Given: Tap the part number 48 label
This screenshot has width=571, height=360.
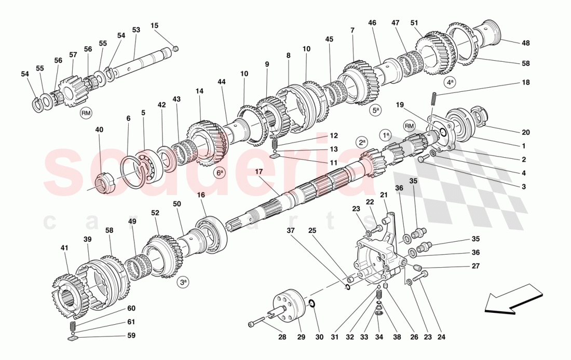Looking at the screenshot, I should pyautogui.click(x=525, y=43).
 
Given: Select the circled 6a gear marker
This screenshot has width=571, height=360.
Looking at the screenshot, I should pyautogui.click(x=220, y=173).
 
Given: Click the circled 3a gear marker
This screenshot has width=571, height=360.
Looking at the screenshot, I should pyautogui.click(x=183, y=283).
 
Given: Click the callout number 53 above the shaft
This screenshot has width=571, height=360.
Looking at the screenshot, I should pyautogui.click(x=136, y=30).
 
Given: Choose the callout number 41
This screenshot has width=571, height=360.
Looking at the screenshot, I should pyautogui.click(x=64, y=248).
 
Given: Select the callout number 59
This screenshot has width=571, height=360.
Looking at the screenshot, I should pyautogui.click(x=131, y=336).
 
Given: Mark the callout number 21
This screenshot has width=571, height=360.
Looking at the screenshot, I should pyautogui.click(x=384, y=195).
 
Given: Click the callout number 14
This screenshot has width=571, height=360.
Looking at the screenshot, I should pyautogui.click(x=199, y=91).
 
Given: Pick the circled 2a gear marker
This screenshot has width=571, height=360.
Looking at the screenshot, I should pyautogui.click(x=362, y=142).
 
